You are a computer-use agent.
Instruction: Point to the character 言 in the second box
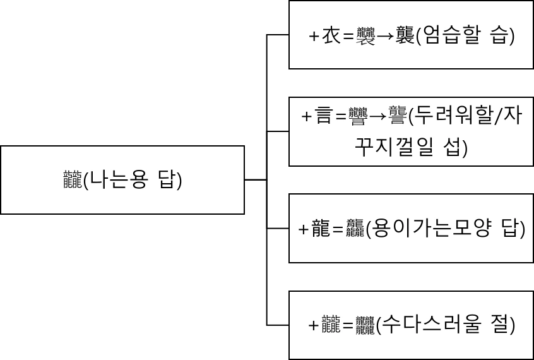pos(323,117)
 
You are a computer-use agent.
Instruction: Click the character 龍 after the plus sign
pos(321,229)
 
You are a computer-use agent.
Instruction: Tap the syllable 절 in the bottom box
pos(498,326)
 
